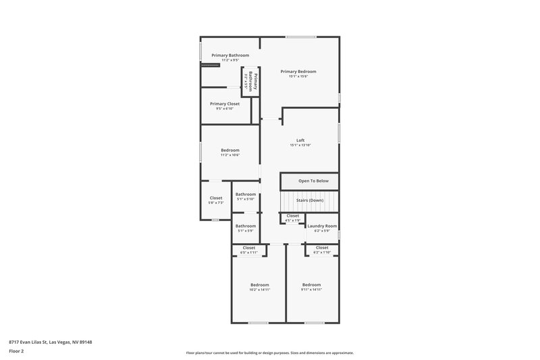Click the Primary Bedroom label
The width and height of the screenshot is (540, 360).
tap(298, 71)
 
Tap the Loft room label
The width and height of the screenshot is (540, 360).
tap(300, 140)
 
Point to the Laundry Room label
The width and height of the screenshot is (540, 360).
tap(322, 226)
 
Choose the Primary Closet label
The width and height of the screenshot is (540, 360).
tap(225, 103)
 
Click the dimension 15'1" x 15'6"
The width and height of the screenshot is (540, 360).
tap(298, 76)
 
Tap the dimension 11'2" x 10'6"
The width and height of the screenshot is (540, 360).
tap(230, 155)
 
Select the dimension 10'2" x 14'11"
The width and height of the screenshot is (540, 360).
tap(260, 289)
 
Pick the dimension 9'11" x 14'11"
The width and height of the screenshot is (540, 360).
tap(311, 289)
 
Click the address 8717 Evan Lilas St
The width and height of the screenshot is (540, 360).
tap(50, 342)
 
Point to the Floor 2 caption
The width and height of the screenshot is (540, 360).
tap(16, 351)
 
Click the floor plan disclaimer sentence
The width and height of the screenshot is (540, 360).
tap(269, 353)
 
